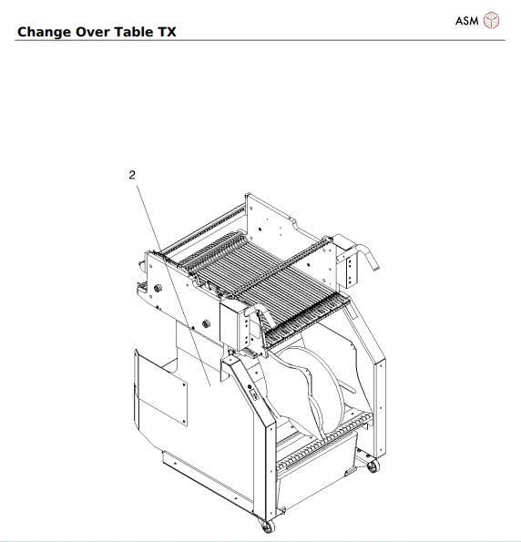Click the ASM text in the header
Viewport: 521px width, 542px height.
(466, 20)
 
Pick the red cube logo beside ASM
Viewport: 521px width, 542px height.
(492, 20)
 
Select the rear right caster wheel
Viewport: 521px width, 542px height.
(372, 466)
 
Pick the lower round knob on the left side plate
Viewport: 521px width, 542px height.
(207, 323)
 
